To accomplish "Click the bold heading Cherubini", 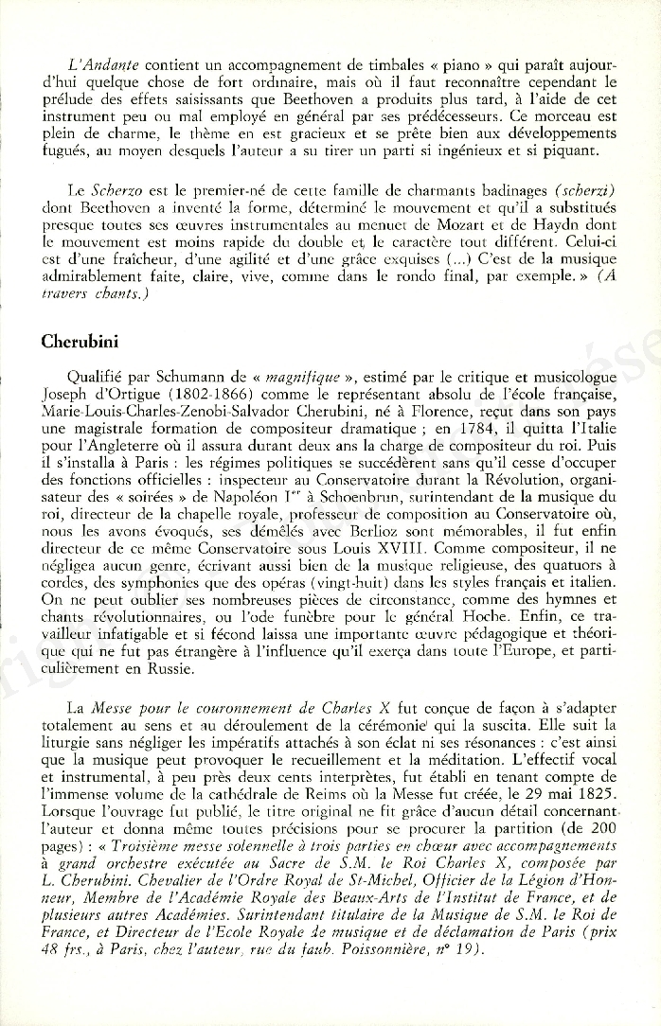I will tap(77, 342).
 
